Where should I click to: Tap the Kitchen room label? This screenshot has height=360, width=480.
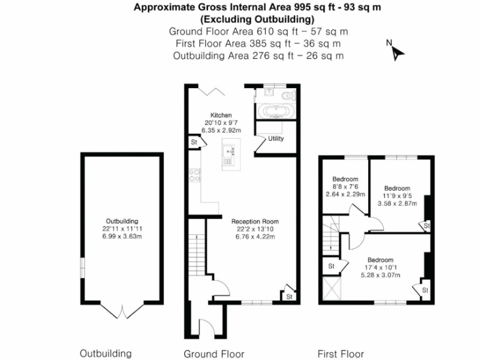pos(221,116)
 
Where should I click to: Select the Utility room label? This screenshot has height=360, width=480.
pos(276,139)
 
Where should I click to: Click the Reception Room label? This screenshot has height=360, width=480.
pos(255,221)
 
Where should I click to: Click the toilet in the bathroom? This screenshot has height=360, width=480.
pos(286,96)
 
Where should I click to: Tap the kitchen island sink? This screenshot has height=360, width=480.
pos(229,151)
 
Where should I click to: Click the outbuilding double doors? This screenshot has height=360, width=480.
pos(122,310)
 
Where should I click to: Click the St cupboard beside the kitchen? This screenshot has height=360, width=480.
pos(195,143)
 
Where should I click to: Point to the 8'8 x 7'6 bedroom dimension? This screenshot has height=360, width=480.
pos(344,186)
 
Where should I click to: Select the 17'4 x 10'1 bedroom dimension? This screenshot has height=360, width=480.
pos(380,267)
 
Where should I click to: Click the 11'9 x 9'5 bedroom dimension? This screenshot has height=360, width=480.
pos(397,196)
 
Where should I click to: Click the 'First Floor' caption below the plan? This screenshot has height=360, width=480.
pos(341,354)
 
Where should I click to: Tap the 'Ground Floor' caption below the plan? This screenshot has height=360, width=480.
pos(214,354)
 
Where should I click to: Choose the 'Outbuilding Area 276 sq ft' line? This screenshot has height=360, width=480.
pos(258,55)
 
